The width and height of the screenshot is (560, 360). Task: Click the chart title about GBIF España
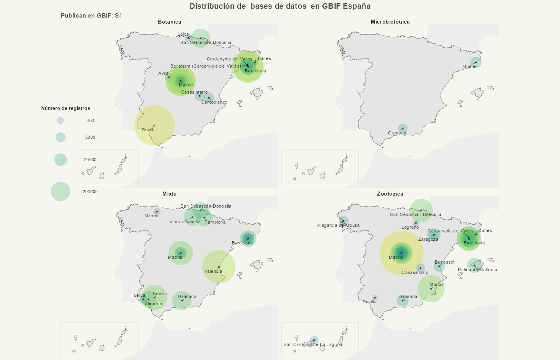click(280, 6)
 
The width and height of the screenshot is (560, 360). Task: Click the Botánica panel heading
click(170, 22)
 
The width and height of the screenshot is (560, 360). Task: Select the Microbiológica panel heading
click(390, 22)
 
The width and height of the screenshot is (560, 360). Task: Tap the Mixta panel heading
click(170, 194)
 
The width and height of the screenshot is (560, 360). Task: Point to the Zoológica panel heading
click(390, 194)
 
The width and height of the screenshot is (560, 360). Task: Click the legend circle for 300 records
click(60, 120)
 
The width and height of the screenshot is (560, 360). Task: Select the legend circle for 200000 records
click(60, 191)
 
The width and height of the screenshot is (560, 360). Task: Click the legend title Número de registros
click(66, 108)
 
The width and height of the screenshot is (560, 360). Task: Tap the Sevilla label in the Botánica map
click(149, 130)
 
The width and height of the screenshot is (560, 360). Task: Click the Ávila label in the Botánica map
click(163, 73)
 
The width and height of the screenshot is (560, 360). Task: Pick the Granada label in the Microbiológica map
click(397, 133)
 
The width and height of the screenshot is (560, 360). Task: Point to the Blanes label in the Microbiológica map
click(470, 66)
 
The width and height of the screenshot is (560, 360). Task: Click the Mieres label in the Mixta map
click(151, 216)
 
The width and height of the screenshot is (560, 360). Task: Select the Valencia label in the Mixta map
click(213, 271)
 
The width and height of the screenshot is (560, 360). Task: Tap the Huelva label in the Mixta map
click(138, 295)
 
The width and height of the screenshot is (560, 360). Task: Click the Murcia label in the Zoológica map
click(436, 284)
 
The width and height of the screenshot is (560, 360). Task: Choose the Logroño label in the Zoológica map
click(410, 227)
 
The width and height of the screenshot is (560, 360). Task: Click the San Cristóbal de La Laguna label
click(312, 344)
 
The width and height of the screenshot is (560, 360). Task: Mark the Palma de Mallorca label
click(477, 270)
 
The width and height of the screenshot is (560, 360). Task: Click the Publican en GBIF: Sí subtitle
click(91, 16)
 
